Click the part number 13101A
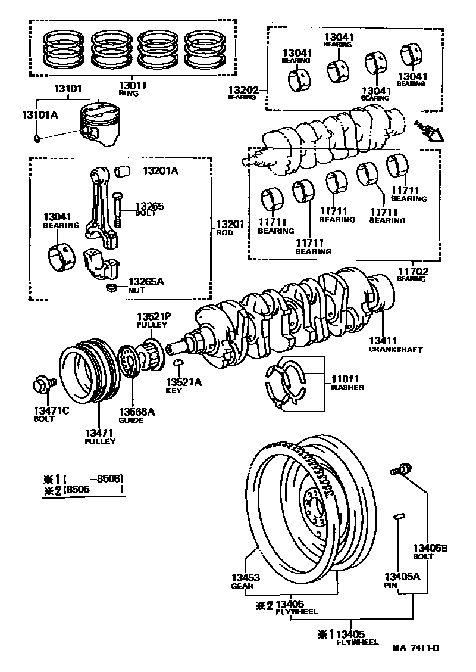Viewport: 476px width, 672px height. (40, 115)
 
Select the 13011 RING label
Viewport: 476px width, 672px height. (132, 89)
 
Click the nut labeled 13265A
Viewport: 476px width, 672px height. (110, 288)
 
